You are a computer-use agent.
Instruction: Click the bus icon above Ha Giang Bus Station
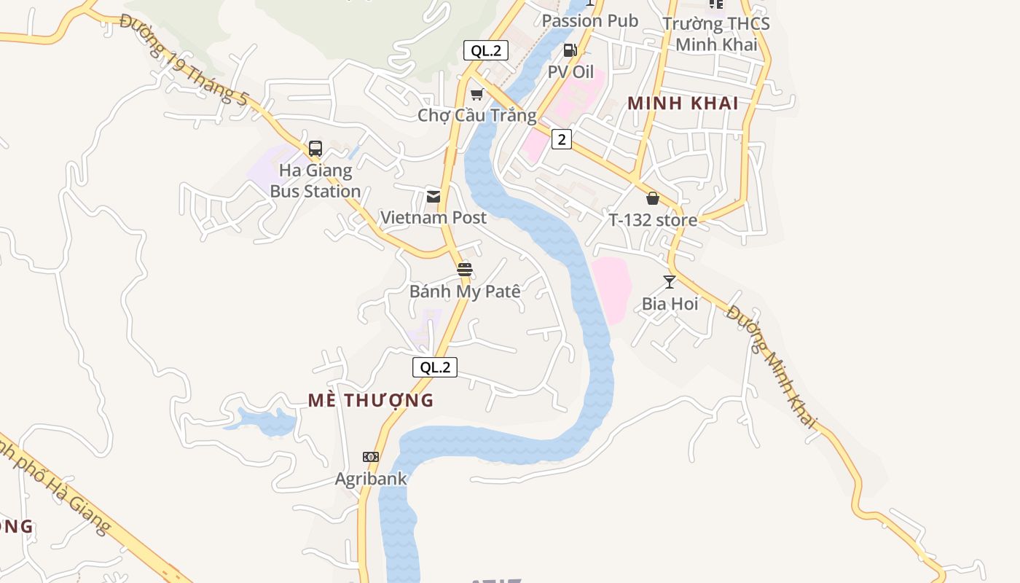tap(315, 149)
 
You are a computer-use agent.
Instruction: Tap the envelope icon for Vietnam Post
tap(433, 196)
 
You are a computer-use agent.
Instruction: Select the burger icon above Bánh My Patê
tap(465, 270)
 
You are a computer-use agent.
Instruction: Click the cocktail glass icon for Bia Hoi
tap(670, 282)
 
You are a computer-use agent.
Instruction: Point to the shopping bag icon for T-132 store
tap(653, 198)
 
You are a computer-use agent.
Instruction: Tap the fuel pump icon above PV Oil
tap(570, 50)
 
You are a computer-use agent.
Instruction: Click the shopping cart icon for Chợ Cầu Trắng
tap(477, 94)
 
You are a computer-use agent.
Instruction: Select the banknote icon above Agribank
tap(371, 457)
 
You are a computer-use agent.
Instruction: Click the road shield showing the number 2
tap(561, 139)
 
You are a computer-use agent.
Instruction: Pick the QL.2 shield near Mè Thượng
tap(435, 367)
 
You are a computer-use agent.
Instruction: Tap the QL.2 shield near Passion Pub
tap(486, 50)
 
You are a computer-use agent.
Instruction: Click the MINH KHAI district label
tap(683, 103)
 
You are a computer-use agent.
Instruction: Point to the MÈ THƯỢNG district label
tap(370, 400)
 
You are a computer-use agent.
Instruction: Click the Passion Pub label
tap(590, 21)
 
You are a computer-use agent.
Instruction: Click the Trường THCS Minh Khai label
tap(716, 34)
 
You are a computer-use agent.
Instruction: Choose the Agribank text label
tap(371, 479)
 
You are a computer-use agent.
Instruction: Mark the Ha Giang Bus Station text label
tap(315, 181)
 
